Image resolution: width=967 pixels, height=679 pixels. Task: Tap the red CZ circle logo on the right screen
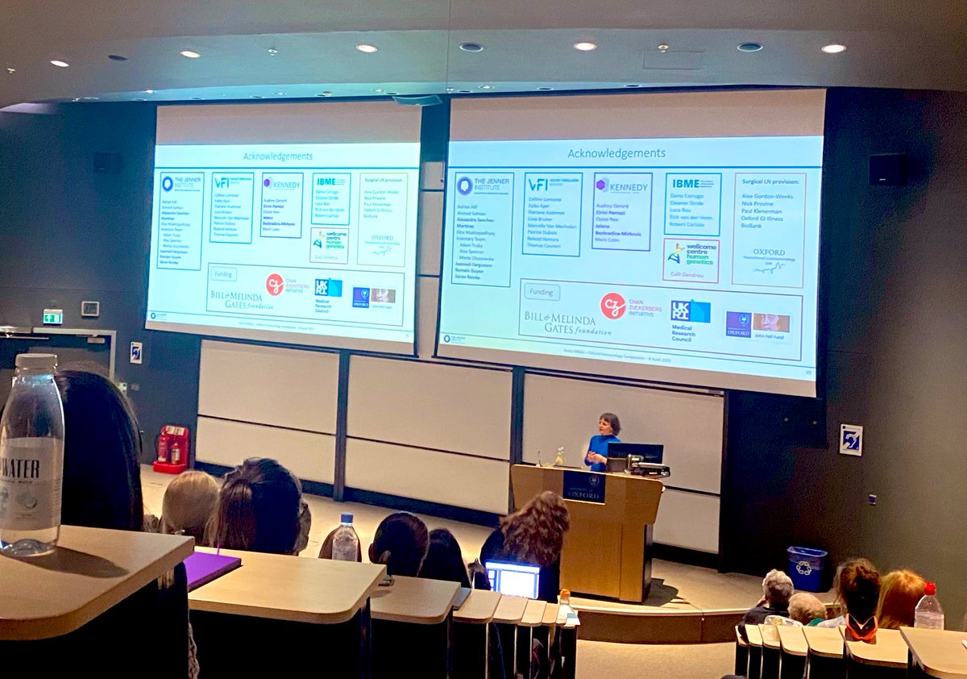click(x=612, y=306)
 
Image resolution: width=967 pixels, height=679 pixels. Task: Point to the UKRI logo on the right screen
click(x=691, y=311)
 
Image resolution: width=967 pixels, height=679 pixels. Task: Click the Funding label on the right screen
click(x=542, y=291)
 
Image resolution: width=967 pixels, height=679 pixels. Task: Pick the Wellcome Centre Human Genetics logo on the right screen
click(x=691, y=254)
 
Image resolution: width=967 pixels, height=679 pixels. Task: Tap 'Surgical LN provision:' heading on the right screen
click(x=768, y=184)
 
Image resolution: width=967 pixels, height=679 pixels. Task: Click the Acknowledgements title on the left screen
click(x=278, y=156)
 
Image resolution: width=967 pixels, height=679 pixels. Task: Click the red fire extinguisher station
click(x=171, y=449)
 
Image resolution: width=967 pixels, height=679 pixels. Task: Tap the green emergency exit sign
click(x=52, y=316)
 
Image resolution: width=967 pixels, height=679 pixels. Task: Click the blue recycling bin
click(x=807, y=568)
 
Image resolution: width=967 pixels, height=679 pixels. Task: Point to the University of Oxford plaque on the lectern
click(x=583, y=486)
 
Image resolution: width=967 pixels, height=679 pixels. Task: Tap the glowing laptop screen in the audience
click(x=513, y=579)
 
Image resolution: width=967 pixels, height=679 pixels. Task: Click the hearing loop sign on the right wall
click(x=850, y=439)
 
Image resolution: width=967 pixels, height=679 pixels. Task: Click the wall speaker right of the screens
click(x=886, y=169)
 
